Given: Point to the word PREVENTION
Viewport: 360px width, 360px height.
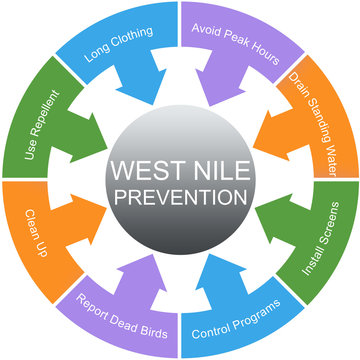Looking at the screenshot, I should click(x=181, y=191).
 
